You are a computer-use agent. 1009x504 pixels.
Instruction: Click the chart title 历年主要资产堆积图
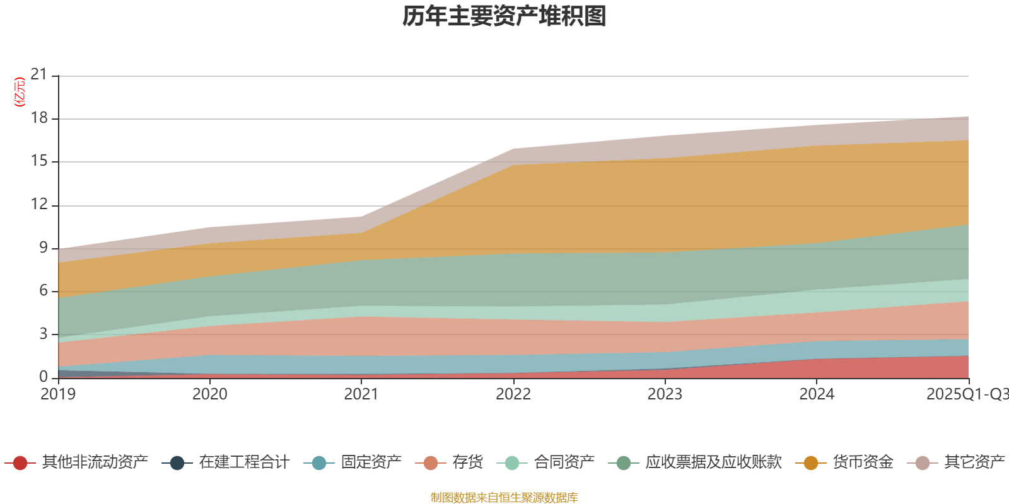coord(504,16)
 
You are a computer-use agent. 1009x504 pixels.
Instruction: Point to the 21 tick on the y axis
coord(39,75)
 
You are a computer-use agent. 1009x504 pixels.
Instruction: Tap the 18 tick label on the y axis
coord(39,118)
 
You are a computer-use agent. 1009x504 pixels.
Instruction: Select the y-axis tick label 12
coord(39,204)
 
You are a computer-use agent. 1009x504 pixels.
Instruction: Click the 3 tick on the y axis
coord(43,334)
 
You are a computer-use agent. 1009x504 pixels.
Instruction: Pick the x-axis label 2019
coord(58,394)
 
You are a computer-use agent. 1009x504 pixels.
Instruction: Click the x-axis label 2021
coord(361,394)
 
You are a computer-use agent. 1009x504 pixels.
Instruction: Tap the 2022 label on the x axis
coord(513,394)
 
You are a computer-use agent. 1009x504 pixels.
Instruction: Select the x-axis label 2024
coord(817,394)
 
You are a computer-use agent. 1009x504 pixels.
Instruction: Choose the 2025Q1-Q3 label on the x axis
coord(966,394)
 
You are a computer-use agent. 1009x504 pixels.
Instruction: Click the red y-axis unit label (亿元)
coord(20,92)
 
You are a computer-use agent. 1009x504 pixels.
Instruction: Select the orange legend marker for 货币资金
coord(811,463)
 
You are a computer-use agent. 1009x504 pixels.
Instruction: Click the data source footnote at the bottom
coord(504,498)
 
